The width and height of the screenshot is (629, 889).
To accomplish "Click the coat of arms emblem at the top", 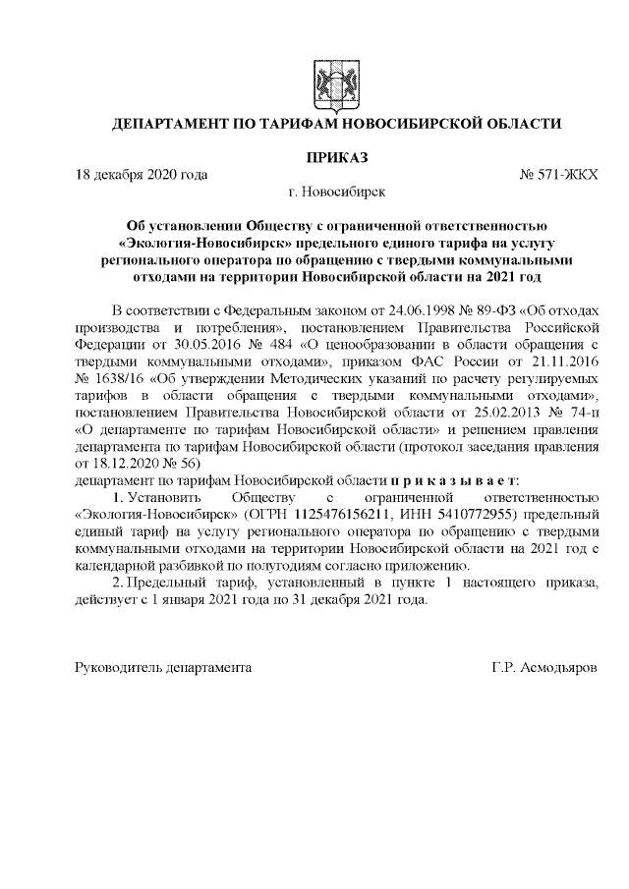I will point(329,80).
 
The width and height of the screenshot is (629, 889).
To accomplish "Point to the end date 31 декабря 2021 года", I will point(349,600).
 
